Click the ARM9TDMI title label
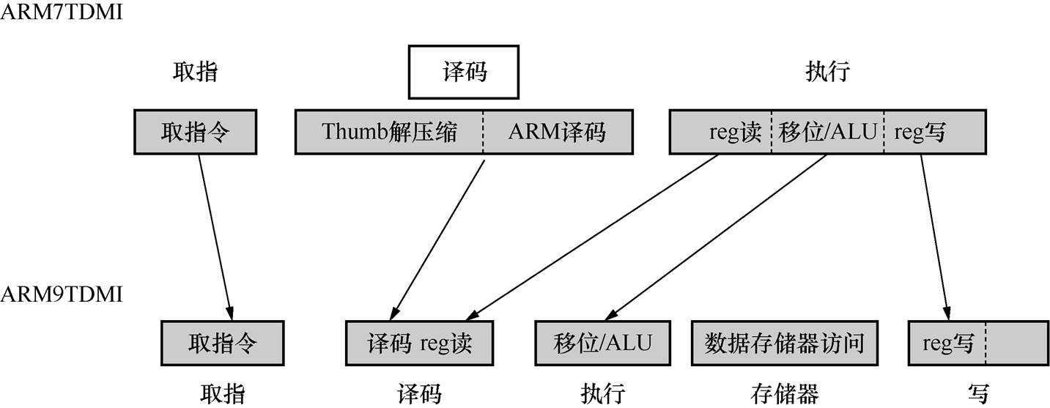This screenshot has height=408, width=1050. click(62, 294)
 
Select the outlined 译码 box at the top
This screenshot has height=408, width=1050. click(464, 72)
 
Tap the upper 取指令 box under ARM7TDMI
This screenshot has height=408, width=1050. click(196, 132)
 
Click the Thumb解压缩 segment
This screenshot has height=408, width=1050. click(389, 132)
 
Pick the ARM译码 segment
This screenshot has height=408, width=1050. click(558, 132)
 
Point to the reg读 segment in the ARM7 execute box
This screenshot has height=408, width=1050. click(720, 132)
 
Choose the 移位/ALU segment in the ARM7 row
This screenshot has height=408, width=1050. click(828, 132)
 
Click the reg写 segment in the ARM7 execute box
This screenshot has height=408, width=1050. click(935, 132)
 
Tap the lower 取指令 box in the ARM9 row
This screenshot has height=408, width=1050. click(223, 344)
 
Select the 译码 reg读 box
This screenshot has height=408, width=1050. click(420, 344)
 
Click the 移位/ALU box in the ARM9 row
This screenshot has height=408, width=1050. click(603, 344)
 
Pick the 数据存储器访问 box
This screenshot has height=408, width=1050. click(785, 344)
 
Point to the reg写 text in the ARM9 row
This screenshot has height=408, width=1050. click(948, 344)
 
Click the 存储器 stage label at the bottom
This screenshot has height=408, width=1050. click(785, 393)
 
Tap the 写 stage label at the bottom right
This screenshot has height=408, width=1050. click(978, 393)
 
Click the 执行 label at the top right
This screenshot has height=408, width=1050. click(828, 72)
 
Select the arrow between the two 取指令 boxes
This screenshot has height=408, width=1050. click(215, 237)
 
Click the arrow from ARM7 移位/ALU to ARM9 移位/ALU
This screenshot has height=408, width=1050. click(715, 237)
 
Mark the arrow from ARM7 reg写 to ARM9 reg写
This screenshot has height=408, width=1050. click(935, 237)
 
